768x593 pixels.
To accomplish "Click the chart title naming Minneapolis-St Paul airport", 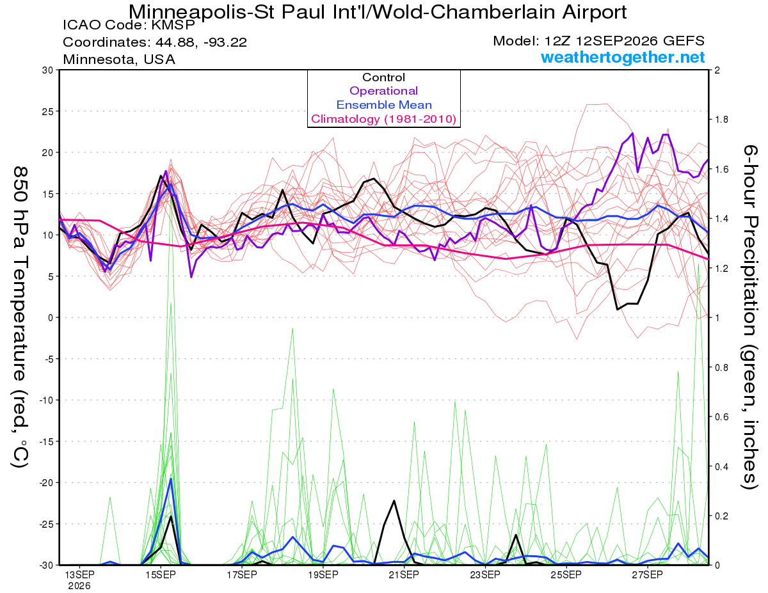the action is click(378, 12).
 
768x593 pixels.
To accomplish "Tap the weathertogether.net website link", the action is click(623, 57).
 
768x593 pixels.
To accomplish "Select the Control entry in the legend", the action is click(383, 77).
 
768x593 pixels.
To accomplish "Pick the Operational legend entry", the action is click(383, 91).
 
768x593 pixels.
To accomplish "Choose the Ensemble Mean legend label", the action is click(384, 105).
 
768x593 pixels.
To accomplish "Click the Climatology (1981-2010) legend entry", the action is click(384, 119).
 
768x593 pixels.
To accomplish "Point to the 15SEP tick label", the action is click(161, 574).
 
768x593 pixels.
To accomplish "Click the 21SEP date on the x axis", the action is click(404, 574).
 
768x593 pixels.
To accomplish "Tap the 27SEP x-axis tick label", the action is click(648, 574).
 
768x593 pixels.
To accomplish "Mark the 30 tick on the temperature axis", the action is click(47, 70).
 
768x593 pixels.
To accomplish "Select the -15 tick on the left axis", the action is click(45, 441).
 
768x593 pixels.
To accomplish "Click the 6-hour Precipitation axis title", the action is click(750, 317).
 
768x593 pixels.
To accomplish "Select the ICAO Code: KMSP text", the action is click(129, 25).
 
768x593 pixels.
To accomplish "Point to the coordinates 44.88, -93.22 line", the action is click(155, 42).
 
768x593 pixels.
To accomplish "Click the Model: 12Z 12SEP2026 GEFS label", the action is click(598, 40).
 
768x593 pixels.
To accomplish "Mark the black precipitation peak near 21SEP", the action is click(394, 500).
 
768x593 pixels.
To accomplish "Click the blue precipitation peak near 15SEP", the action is click(171, 478).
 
